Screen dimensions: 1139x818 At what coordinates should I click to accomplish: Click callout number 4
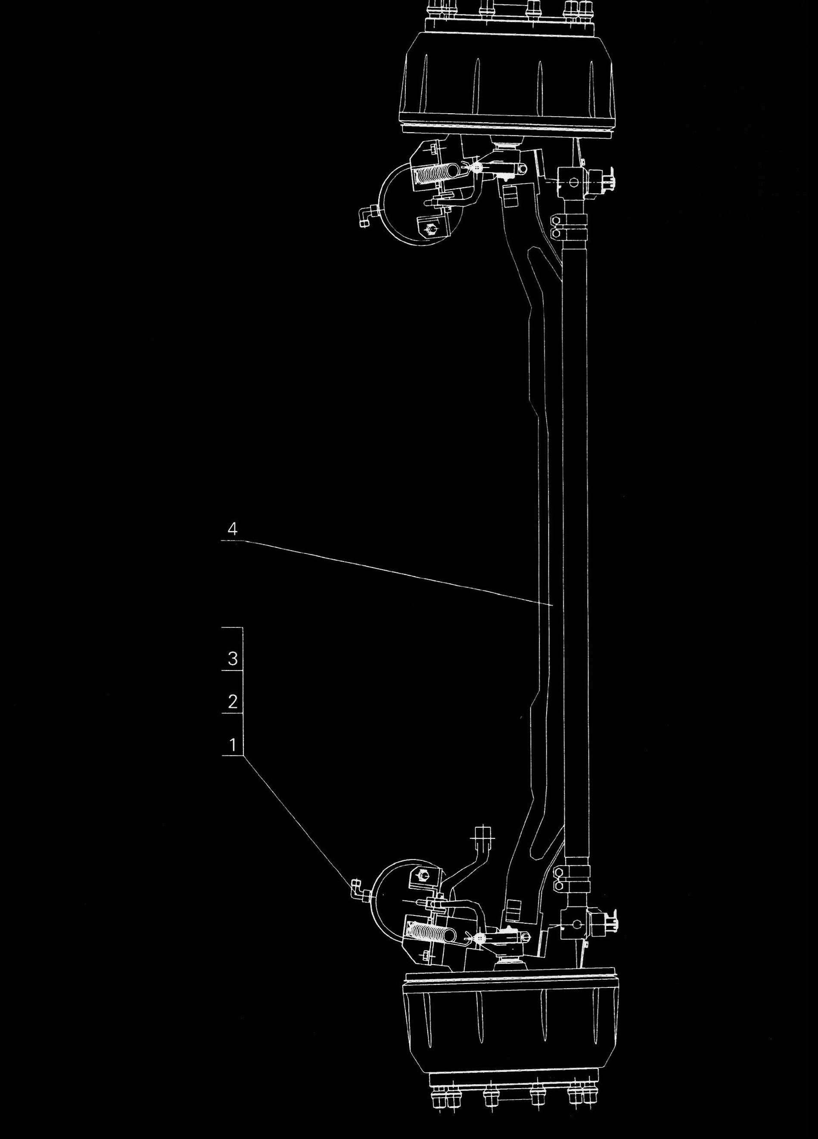coord(232,528)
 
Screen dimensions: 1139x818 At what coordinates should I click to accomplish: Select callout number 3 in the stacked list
coord(232,659)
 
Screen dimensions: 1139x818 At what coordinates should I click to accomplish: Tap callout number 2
coord(232,701)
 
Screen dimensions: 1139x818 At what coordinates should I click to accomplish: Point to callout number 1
coord(232,744)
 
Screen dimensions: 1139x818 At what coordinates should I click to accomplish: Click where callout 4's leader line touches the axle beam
coord(553,607)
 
